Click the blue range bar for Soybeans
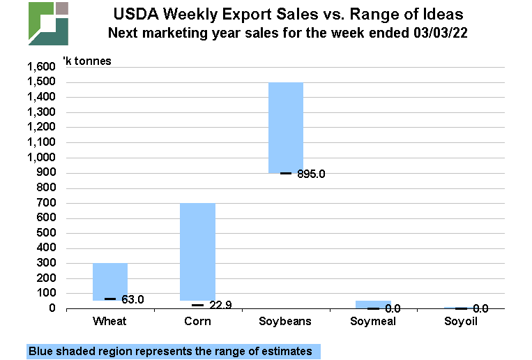click(286, 127)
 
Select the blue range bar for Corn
click(197, 251)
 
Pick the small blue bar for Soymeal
click(373, 304)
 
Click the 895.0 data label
click(310, 174)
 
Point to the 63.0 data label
click(132, 300)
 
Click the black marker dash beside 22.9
click(198, 305)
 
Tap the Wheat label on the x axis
click(109, 322)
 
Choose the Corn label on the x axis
click(197, 322)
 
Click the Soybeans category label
click(285, 322)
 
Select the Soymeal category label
click(373, 322)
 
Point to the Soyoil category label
click(461, 322)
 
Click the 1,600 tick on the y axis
click(40, 68)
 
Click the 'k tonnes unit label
click(87, 61)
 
